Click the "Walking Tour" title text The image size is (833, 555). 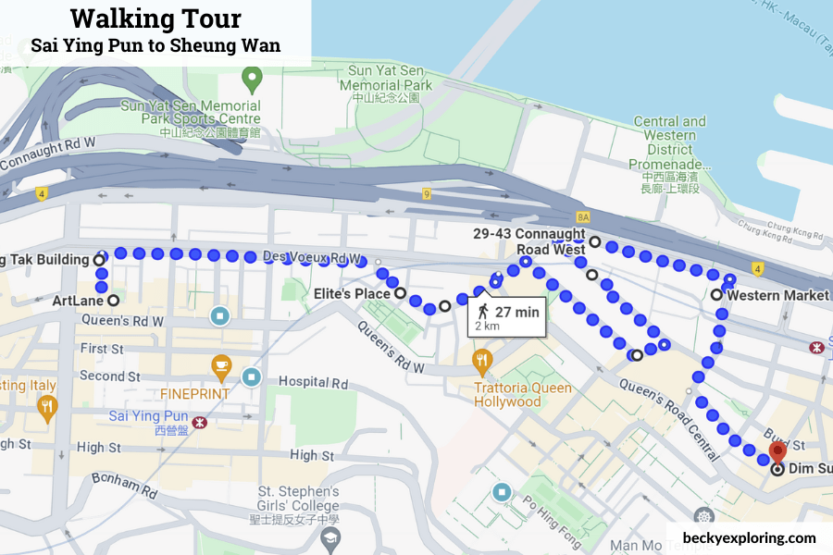point(155,18)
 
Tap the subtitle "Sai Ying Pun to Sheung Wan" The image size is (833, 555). point(155,44)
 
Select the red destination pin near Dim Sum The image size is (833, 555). point(777,451)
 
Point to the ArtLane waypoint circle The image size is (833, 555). point(113,301)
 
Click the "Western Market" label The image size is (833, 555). point(777,295)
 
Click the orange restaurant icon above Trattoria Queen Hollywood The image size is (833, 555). point(481,358)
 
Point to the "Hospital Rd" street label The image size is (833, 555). point(313,382)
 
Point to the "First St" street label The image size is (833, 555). point(102,350)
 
